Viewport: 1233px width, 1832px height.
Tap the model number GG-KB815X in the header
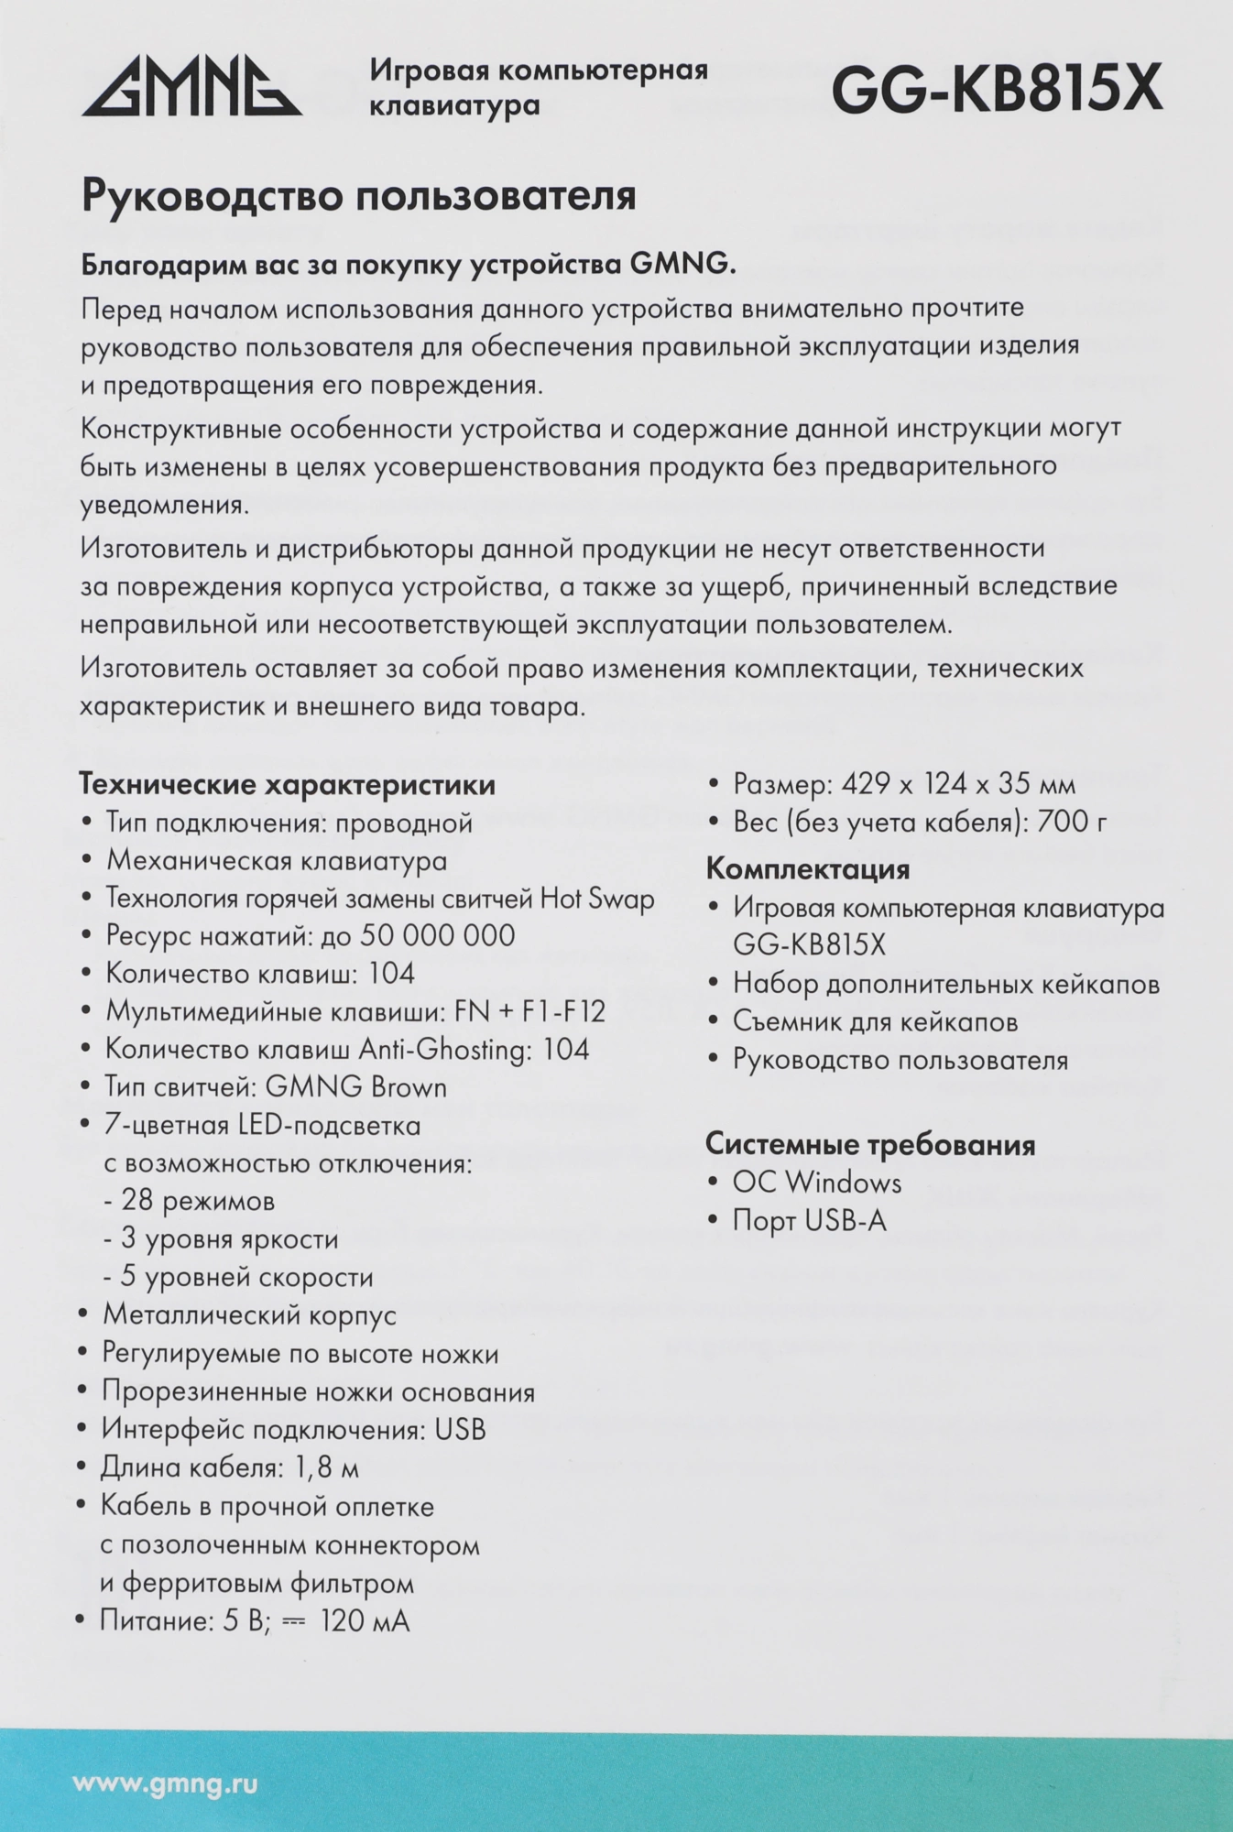click(x=997, y=90)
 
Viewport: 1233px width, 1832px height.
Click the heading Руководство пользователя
click(x=359, y=196)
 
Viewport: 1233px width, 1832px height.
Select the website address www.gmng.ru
click(x=165, y=1783)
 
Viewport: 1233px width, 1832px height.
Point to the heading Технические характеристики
click(x=288, y=785)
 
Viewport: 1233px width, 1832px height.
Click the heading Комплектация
click(x=807, y=868)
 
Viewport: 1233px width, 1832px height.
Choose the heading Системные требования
click(x=870, y=1144)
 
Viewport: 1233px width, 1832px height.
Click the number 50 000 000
click(x=438, y=935)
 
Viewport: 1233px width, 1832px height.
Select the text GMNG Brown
click(x=356, y=1087)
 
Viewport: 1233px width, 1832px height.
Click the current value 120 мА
click(x=365, y=1620)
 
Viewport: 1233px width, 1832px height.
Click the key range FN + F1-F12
click(x=530, y=1011)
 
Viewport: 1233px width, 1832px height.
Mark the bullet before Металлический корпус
click(x=83, y=1314)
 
